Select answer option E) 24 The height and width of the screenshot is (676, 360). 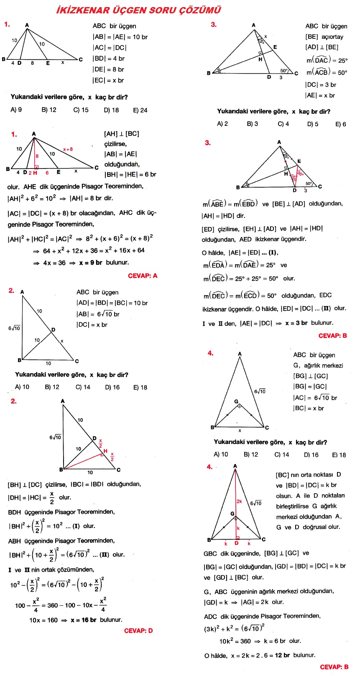140,110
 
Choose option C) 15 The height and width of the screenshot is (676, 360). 81,110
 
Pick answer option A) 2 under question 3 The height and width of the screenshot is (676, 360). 222,124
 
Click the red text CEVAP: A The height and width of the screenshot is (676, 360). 143,276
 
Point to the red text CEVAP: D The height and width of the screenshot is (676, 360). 138,631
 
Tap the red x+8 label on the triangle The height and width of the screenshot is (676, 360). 68,149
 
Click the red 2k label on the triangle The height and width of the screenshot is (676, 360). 239,501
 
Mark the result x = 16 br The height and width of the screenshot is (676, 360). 84,620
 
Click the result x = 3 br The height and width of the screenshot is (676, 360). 296,323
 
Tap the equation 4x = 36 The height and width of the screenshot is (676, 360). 54,263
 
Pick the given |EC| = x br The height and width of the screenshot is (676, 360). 108,80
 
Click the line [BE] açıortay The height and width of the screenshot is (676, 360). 324,37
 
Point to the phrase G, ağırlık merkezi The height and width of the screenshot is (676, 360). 318,366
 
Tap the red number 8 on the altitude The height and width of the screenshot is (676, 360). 37,156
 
